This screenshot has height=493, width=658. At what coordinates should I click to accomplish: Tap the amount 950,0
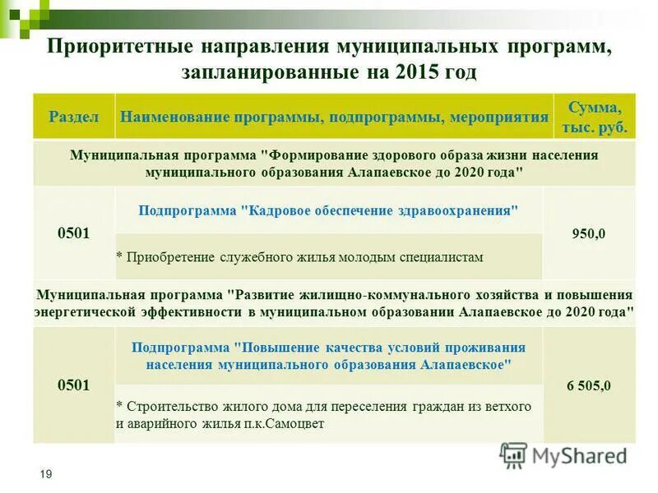tap(589, 233)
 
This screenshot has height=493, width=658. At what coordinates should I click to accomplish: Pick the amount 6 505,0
tap(589, 385)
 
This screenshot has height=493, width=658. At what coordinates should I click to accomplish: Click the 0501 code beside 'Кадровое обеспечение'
tap(73, 233)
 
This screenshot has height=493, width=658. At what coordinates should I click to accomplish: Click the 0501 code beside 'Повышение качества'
tap(73, 385)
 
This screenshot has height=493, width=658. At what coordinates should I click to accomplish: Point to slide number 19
tap(46, 475)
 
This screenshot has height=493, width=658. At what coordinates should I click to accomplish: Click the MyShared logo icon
tap(514, 455)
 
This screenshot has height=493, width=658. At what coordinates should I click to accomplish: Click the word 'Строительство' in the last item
tap(168, 406)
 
